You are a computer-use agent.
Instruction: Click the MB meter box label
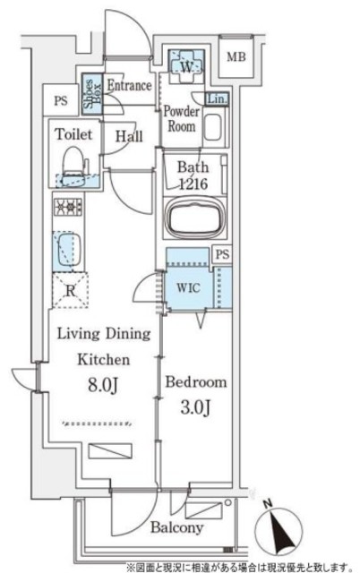pos(236,57)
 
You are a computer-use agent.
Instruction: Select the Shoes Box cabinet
pos(91,95)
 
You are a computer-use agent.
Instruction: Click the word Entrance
pos(129,86)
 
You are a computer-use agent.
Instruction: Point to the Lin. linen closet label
pos(217,98)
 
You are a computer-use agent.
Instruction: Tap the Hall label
pos(129,137)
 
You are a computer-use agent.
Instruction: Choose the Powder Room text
pos(181,118)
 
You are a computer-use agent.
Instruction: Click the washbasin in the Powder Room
pos(212,127)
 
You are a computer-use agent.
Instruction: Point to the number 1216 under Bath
pos(193,184)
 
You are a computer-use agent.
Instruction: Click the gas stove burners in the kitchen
pos(68,207)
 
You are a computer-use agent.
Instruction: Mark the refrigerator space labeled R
pos(70,291)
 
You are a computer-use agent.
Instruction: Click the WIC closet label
pos(188,287)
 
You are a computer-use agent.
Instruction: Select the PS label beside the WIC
pos(222,254)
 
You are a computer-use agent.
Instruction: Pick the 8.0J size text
pos(103,385)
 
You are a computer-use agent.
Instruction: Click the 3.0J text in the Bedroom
pos(195,407)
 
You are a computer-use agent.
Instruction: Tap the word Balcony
pos(177,527)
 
